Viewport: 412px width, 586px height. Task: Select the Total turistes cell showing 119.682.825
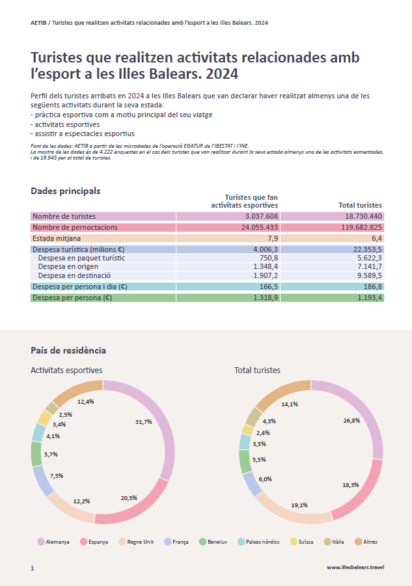pyautogui.click(x=357, y=227)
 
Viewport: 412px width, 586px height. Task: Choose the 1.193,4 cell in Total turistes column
pyautogui.click(x=368, y=298)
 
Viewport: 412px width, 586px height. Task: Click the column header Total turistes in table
pyautogui.click(x=360, y=205)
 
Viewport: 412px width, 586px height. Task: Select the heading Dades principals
pyautogui.click(x=65, y=191)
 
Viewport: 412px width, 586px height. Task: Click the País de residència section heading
pyautogui.click(x=68, y=350)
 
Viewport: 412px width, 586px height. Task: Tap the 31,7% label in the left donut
pyautogui.click(x=143, y=422)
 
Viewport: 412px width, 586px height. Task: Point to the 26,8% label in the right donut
pyautogui.click(x=351, y=421)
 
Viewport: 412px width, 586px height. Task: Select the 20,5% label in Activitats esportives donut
pyautogui.click(x=129, y=498)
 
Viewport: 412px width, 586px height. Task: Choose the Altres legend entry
pyautogui.click(x=366, y=542)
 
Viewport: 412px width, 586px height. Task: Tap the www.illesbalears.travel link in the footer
pyautogui.click(x=355, y=568)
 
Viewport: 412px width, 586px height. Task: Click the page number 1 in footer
pyautogui.click(x=32, y=568)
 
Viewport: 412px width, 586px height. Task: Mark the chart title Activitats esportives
pyautogui.click(x=66, y=370)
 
